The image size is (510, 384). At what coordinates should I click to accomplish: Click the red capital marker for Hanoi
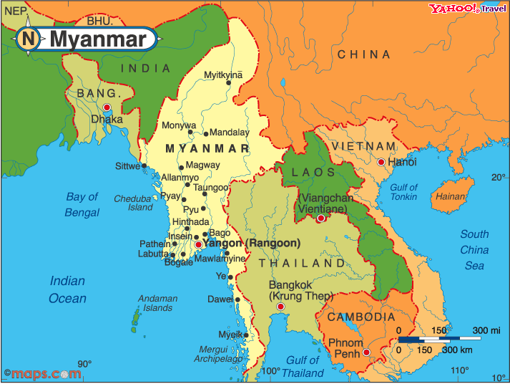(x=381, y=163)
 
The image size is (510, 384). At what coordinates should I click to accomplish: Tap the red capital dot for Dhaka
(x=107, y=107)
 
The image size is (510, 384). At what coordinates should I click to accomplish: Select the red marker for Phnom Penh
(x=366, y=352)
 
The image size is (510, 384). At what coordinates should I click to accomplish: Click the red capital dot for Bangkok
(x=280, y=307)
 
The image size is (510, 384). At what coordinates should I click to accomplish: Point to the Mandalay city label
(x=230, y=133)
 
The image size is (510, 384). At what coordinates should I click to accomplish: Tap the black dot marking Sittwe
(x=144, y=165)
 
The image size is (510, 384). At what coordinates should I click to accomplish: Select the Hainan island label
(x=451, y=196)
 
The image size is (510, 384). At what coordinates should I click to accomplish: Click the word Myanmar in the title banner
(x=97, y=39)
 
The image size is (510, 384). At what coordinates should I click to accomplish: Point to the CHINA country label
(x=364, y=54)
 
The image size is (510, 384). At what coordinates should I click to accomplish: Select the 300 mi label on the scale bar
(x=486, y=330)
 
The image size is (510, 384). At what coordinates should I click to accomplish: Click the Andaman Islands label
(x=158, y=303)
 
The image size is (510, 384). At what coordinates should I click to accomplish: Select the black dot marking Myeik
(x=246, y=335)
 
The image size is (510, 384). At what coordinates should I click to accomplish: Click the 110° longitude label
(x=460, y=370)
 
